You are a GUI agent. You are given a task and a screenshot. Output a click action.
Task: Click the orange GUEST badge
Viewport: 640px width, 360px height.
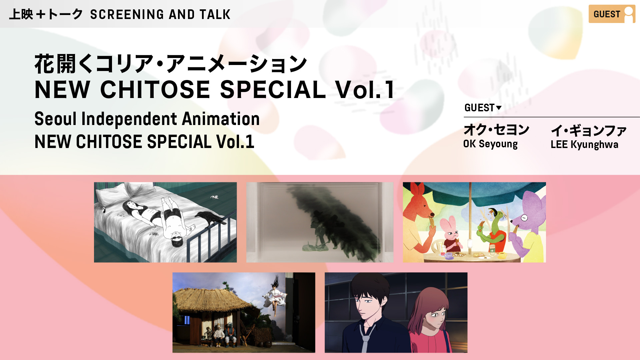click(612, 14)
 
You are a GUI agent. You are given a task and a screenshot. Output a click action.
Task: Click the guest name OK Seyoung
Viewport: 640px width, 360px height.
click(490, 144)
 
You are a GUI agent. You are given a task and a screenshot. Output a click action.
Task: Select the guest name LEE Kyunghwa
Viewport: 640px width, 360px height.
click(584, 144)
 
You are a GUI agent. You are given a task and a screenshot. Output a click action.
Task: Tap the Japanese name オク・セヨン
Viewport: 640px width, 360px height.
click(496, 130)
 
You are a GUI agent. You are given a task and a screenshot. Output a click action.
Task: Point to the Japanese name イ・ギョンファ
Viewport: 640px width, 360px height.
click(589, 130)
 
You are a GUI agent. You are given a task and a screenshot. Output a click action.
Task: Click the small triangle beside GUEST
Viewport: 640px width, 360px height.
click(499, 108)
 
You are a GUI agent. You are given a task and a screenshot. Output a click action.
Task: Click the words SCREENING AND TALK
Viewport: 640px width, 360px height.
click(160, 14)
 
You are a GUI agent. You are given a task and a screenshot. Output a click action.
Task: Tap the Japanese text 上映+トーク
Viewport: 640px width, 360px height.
click(46, 14)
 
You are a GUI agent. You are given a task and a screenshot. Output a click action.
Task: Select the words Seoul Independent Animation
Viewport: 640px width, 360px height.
click(147, 119)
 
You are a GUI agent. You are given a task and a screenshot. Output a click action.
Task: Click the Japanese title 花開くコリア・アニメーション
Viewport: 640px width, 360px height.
click(171, 64)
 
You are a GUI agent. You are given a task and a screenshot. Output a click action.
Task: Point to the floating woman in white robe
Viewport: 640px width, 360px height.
click(275, 295)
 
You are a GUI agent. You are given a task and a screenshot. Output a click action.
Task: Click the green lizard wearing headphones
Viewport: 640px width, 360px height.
click(493, 230)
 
